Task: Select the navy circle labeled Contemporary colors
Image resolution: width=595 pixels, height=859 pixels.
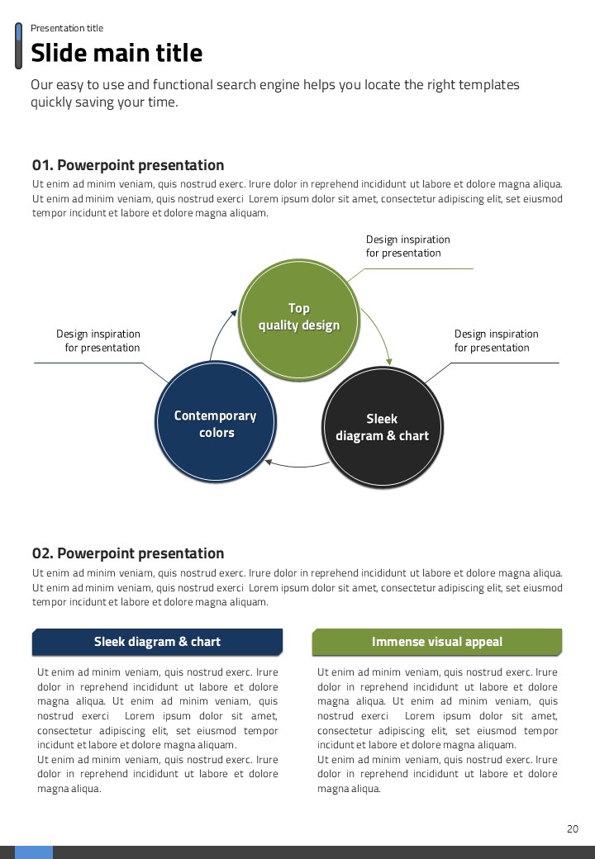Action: (216, 424)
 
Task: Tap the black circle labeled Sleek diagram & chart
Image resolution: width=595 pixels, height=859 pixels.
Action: (382, 427)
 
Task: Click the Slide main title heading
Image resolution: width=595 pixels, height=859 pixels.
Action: (117, 54)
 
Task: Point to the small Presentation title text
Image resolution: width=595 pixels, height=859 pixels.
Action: (67, 28)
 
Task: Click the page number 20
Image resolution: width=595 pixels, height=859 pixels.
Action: (573, 829)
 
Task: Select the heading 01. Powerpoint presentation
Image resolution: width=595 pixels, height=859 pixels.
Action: (128, 165)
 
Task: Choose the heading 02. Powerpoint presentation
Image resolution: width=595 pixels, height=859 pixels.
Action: (128, 553)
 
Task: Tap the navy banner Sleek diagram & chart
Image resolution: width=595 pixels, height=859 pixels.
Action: (157, 642)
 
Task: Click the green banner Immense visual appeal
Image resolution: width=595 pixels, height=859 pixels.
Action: (437, 642)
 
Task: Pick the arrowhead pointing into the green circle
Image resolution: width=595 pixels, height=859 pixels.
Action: (234, 312)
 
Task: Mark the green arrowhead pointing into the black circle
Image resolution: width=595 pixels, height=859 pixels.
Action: (389, 360)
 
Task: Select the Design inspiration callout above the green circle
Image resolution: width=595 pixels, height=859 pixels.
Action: (408, 246)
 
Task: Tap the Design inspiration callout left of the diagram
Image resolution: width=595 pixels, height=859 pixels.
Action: (98, 340)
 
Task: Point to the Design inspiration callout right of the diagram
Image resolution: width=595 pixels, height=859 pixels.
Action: (496, 340)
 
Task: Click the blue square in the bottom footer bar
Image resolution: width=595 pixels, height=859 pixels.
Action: (34, 852)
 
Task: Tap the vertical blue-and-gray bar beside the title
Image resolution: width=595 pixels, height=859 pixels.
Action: (19, 46)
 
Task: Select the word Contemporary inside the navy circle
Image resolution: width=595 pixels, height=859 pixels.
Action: (216, 415)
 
